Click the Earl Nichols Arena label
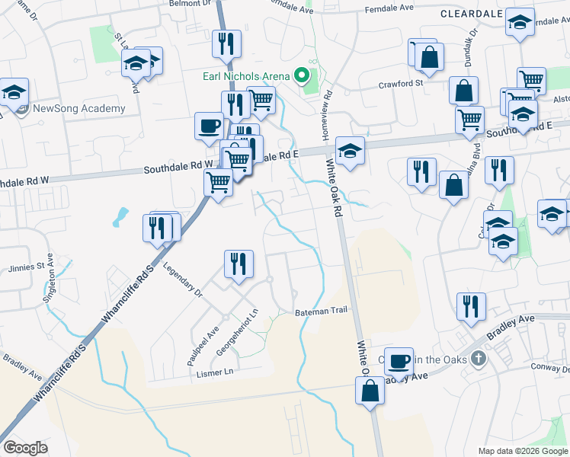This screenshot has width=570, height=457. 245,76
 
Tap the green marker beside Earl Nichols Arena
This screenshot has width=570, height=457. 302,75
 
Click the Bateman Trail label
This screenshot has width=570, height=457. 321,311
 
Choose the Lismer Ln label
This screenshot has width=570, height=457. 214,372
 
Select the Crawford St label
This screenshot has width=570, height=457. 400,84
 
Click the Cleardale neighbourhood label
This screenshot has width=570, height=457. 470,14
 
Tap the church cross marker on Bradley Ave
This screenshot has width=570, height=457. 478,358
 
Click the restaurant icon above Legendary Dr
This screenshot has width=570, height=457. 239,264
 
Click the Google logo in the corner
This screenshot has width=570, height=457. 25,448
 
